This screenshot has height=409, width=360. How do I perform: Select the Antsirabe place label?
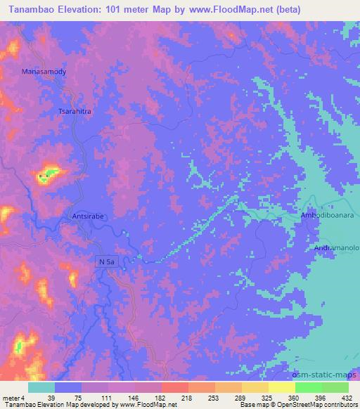[x=89, y=217]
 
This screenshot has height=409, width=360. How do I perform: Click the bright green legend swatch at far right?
[x=335, y=387]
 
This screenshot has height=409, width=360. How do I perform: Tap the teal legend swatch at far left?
[x=41, y=387]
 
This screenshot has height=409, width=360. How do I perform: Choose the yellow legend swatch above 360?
[x=281, y=387]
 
